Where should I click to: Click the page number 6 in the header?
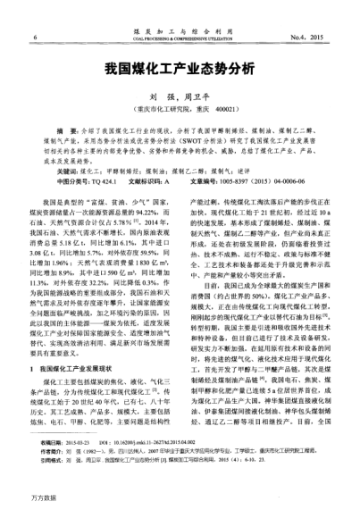[x=33, y=37]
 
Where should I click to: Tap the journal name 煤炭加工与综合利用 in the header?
[x=179, y=30]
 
